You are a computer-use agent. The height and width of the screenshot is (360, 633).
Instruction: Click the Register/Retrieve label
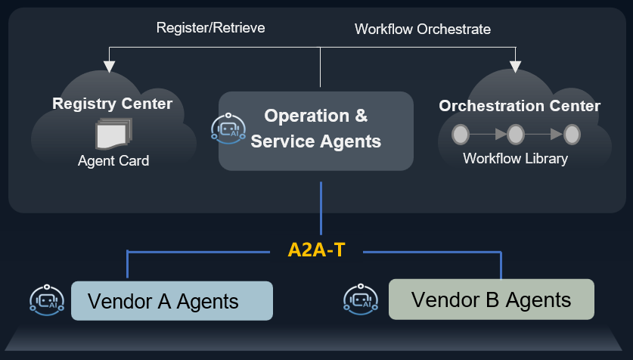[210, 28]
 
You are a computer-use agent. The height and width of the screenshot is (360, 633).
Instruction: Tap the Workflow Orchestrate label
[422, 29]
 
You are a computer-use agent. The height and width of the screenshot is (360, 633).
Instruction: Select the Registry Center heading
[112, 104]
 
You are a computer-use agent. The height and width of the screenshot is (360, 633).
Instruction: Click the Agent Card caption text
[113, 161]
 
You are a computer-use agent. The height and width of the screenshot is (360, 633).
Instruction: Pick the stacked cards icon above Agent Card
[113, 134]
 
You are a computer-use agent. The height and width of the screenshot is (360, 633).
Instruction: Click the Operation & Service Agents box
[316, 130]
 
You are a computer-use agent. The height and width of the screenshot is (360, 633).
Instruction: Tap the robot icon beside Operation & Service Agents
[227, 129]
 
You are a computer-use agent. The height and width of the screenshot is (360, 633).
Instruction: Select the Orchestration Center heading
[520, 106]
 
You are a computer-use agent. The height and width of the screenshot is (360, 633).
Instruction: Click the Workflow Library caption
[515, 159]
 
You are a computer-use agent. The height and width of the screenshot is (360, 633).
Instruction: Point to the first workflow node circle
[460, 135]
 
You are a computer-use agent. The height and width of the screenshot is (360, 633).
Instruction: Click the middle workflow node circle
[516, 135]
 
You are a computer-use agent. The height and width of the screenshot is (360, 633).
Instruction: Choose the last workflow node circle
[572, 135]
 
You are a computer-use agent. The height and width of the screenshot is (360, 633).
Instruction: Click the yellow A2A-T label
[316, 250]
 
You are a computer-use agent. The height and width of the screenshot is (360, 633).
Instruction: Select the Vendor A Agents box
[172, 301]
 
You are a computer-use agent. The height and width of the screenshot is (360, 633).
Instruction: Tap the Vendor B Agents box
[491, 299]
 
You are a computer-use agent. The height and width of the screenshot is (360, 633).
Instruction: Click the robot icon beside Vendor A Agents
[45, 300]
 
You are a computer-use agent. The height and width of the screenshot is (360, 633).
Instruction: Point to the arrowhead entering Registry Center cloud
[110, 67]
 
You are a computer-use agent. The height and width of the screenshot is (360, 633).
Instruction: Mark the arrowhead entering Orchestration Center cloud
[516, 67]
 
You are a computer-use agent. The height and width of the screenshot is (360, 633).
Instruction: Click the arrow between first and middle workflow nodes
[488, 135]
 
